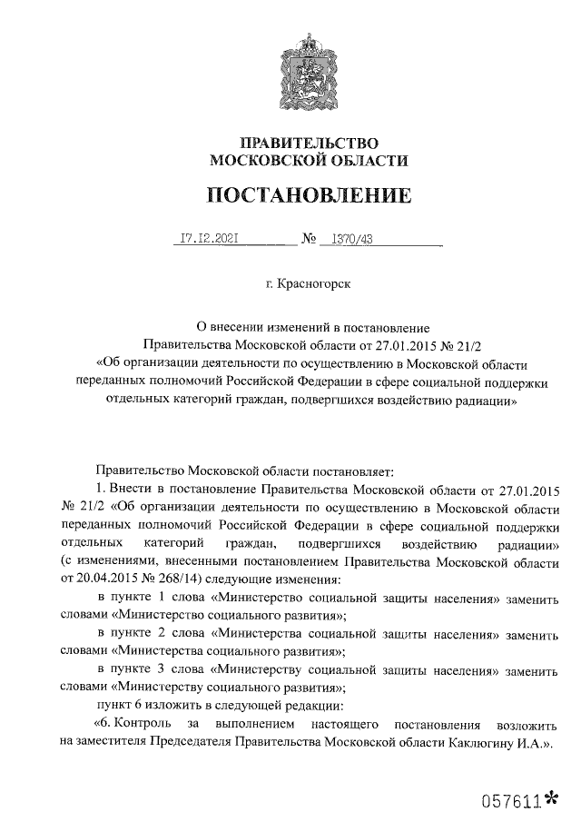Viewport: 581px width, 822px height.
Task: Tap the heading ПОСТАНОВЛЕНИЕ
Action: (309, 195)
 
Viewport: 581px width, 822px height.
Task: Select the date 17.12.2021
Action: (209, 240)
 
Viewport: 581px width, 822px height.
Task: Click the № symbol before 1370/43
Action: (308, 241)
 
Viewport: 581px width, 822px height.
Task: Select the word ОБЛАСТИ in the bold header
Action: (369, 162)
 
